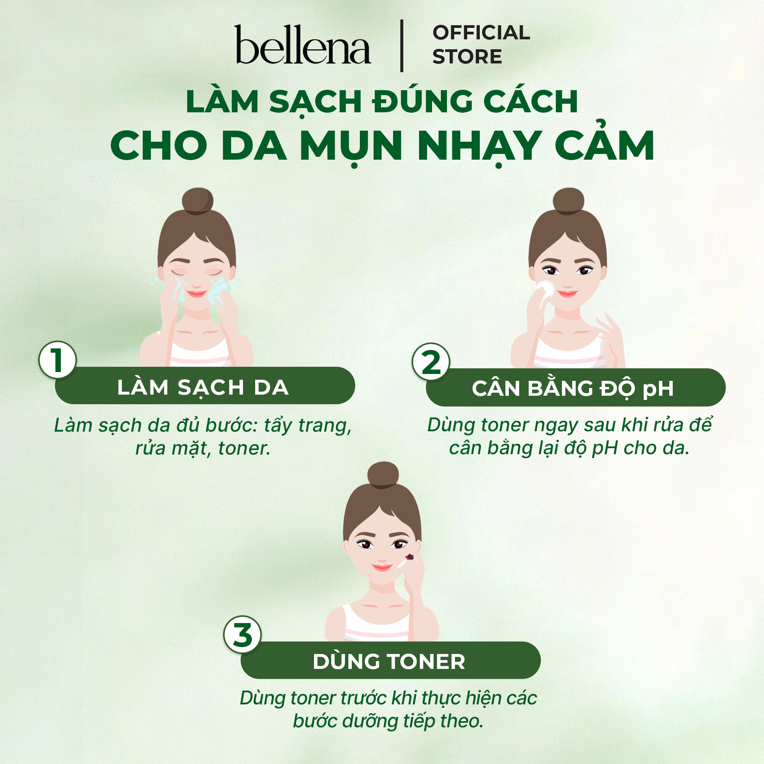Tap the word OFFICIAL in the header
tap(481, 32)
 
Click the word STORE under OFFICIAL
tap(467, 57)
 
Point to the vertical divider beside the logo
tap(402, 45)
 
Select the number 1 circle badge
tap(57, 360)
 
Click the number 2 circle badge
tap(431, 361)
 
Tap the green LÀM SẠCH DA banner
tap(205, 385)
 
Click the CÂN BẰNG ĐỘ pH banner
tap(576, 387)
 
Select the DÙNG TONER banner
tap(390, 660)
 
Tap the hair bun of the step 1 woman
tap(197, 201)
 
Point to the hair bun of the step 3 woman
tap(383, 475)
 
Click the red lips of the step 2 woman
tap(568, 293)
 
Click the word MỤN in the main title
tap(351, 146)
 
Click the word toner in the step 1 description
tap(244, 448)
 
